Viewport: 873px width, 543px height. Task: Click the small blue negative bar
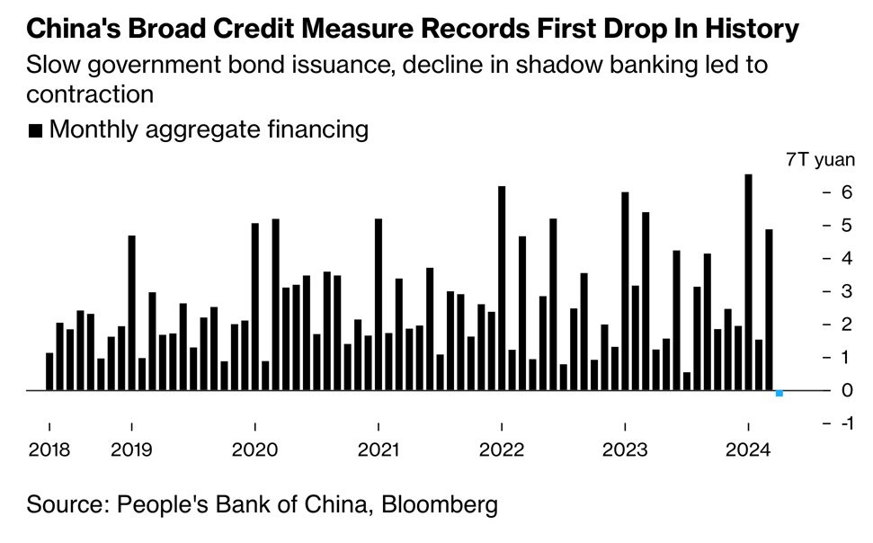pyautogui.click(x=779, y=394)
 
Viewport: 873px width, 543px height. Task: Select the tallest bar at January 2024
pyautogui.click(x=748, y=282)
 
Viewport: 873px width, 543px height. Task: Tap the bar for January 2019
pyautogui.click(x=131, y=313)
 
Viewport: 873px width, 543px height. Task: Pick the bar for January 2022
pyautogui.click(x=502, y=288)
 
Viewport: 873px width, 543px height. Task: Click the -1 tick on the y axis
pyautogui.click(x=846, y=423)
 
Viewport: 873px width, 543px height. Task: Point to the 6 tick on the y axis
pyautogui.click(x=846, y=192)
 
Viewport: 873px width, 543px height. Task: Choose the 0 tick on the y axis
pyautogui.click(x=846, y=390)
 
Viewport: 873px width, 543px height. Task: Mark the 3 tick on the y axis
pyautogui.click(x=846, y=291)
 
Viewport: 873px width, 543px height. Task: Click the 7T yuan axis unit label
pyautogui.click(x=819, y=160)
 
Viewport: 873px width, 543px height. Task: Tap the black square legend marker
pyautogui.click(x=35, y=131)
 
